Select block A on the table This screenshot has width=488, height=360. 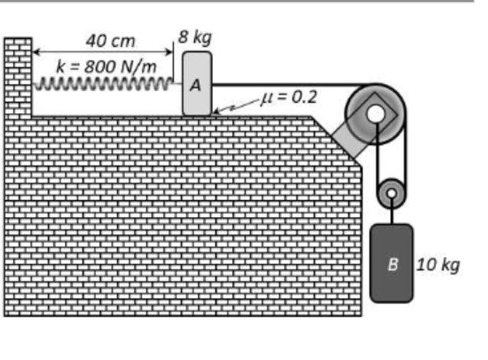[x=197, y=84]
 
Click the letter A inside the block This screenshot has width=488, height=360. [x=196, y=85]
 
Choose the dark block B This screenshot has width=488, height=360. [x=392, y=262]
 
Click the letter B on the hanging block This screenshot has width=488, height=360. [x=393, y=264]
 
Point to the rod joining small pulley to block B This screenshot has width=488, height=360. [x=392, y=212]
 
